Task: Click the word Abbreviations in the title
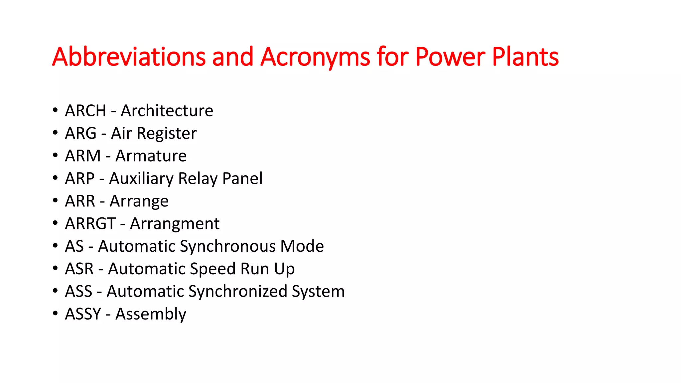tap(129, 57)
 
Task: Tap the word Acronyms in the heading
tap(315, 57)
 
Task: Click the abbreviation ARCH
tap(85, 111)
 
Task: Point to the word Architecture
tap(167, 111)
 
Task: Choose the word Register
tap(167, 134)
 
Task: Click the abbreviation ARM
tap(83, 156)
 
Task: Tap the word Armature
tap(151, 156)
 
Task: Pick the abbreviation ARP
tap(80, 179)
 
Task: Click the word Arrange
tap(139, 201)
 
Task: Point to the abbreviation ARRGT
tap(90, 224)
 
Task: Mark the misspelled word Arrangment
tap(175, 224)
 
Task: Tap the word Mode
tap(302, 246)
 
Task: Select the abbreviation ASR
tap(79, 269)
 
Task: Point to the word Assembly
tap(151, 314)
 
